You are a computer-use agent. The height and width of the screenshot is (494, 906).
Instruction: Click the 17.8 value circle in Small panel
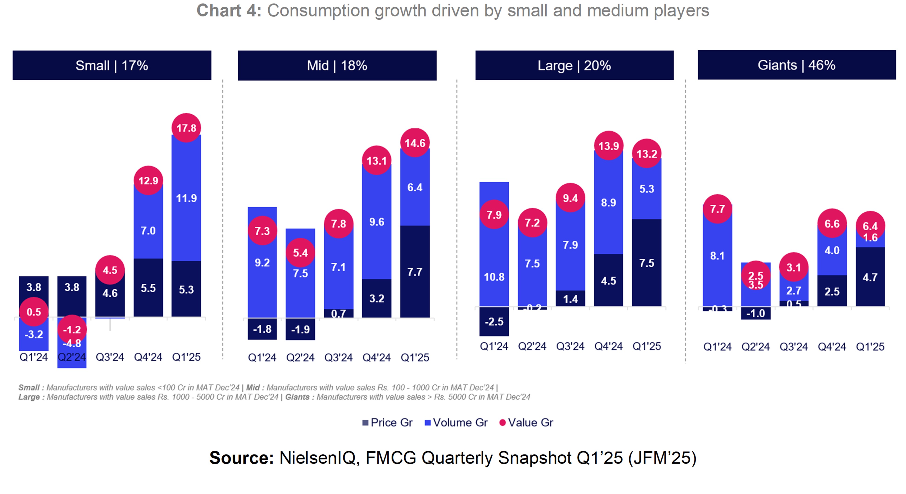coord(186,128)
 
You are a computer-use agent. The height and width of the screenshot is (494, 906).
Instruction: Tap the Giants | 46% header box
coord(796,65)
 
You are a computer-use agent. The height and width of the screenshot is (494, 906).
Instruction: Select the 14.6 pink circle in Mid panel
coord(415,143)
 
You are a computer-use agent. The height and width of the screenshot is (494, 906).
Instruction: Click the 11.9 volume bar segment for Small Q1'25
coord(186,198)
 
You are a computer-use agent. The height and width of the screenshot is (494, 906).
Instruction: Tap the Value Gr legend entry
coord(527,422)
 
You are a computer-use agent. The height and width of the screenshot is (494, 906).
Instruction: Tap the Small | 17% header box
coord(112,65)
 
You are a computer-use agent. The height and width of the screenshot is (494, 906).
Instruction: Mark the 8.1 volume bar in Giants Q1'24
coord(717,256)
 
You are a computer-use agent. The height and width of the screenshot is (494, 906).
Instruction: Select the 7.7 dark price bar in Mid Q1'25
coord(415,272)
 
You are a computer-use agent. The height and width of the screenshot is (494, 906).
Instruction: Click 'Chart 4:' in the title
coord(229,10)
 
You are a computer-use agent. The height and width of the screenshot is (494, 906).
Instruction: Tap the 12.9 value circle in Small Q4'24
coord(148,180)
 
